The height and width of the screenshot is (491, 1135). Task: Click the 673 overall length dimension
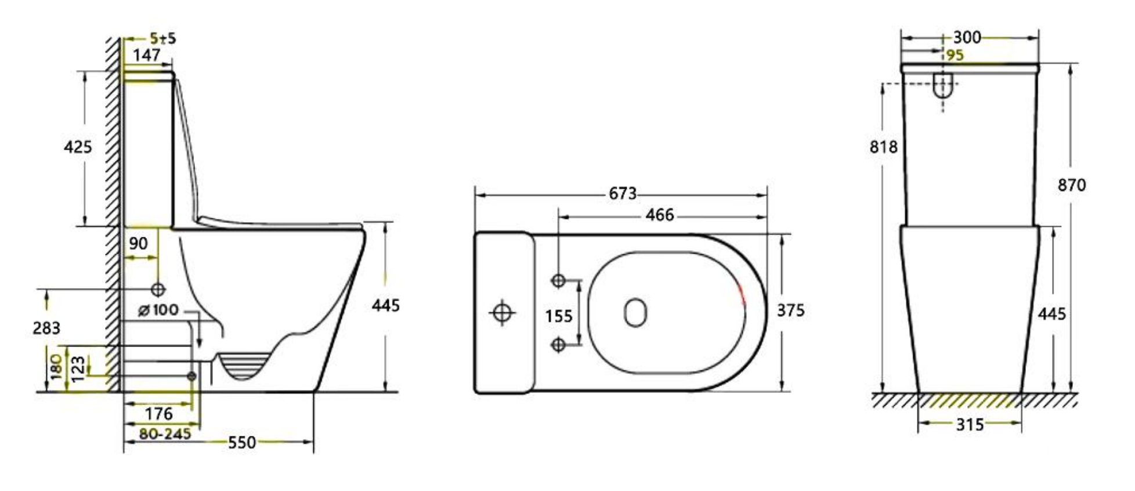click(x=622, y=193)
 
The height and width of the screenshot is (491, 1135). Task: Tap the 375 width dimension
click(x=790, y=311)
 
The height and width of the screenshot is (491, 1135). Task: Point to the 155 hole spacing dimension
click(x=558, y=316)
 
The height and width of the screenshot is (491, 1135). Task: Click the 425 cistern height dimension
click(x=78, y=147)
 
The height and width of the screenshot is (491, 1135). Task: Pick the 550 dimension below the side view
click(x=241, y=443)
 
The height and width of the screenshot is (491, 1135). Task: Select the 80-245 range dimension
click(x=165, y=434)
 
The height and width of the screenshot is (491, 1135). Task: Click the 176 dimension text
click(x=158, y=414)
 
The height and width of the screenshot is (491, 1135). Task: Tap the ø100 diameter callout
click(x=158, y=310)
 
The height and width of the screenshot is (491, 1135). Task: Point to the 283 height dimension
click(x=46, y=328)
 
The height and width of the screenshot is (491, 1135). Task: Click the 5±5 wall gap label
click(x=162, y=39)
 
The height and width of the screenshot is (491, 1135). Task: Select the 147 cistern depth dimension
click(x=146, y=56)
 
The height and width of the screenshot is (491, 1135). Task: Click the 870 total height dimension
click(x=1071, y=185)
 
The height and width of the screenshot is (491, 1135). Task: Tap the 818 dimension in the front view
click(x=883, y=147)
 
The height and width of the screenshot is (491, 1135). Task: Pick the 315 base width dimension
click(x=970, y=425)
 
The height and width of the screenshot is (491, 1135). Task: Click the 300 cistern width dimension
click(x=967, y=38)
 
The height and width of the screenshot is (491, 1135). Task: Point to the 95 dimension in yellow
click(x=955, y=55)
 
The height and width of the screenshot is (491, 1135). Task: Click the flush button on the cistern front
click(x=943, y=85)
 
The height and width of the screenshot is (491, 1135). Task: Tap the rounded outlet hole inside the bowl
click(x=635, y=312)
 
